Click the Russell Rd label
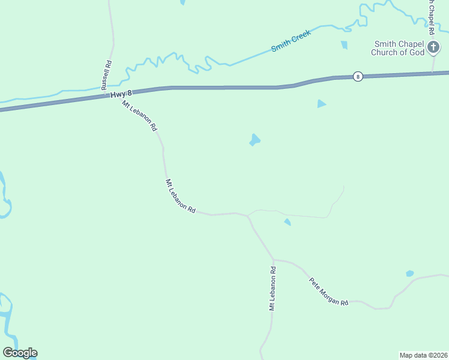(107, 75)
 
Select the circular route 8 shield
(358, 76)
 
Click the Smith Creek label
(291, 40)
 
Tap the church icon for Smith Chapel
(434, 49)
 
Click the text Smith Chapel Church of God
(399, 48)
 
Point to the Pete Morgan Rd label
(328, 292)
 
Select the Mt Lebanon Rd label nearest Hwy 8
(139, 116)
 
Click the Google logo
(20, 353)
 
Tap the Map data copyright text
(423, 355)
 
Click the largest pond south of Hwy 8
(255, 140)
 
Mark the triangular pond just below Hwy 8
(321, 104)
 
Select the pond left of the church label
(344, 44)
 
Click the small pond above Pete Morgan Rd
(409, 274)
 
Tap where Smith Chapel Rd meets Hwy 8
(432, 73)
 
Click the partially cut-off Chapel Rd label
(431, 18)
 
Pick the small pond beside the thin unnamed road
(288, 223)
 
